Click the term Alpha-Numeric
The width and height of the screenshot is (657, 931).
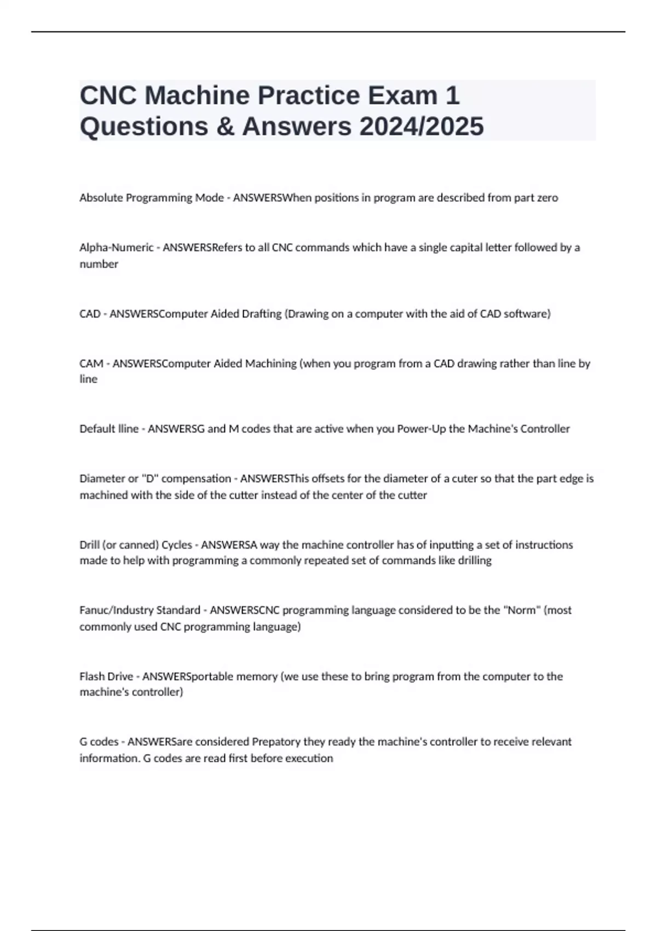(117, 248)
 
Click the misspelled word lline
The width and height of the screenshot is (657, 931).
(127, 429)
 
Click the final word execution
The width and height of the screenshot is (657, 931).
(309, 758)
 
